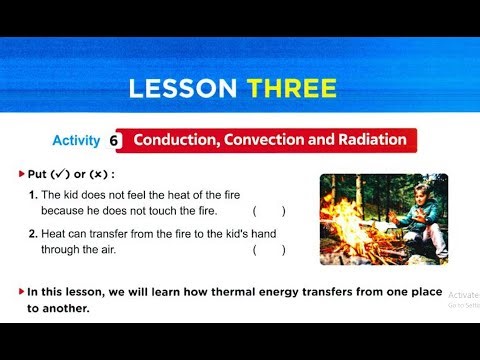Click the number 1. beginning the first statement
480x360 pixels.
coord(33,193)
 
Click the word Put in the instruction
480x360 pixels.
coord(37,173)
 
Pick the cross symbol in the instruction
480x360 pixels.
coord(93,173)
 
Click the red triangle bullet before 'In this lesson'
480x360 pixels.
coord(22,291)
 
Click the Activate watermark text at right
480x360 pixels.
coord(463,295)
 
